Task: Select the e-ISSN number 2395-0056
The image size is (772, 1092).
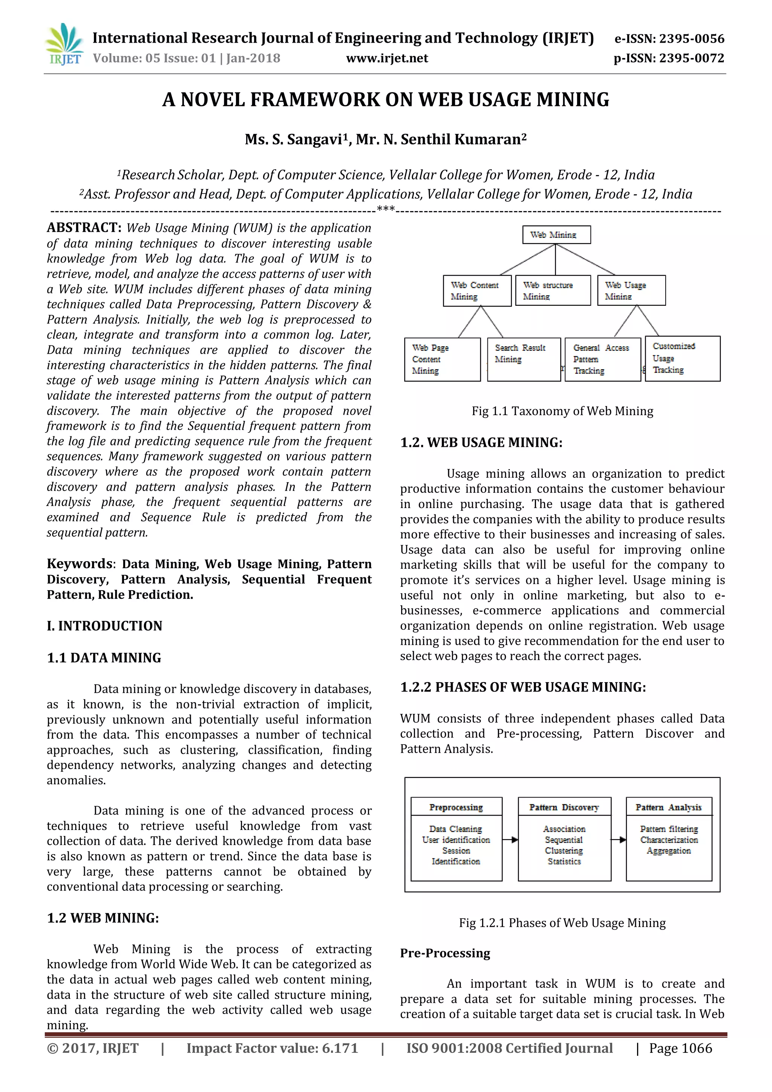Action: tap(692, 38)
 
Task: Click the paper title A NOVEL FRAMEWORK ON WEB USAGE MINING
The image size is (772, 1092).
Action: tap(386, 100)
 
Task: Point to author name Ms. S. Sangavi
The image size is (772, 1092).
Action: tap(293, 140)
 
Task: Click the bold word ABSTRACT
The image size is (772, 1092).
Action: tap(84, 228)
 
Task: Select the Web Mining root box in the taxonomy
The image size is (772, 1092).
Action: tap(556, 235)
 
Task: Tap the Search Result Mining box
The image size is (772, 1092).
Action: tap(523, 359)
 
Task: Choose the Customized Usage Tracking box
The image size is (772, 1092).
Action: tap(682, 359)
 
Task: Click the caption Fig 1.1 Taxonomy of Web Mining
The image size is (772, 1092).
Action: tap(562, 411)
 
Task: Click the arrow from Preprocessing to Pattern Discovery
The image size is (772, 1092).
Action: tap(510, 839)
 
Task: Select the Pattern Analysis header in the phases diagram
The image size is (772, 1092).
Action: tap(668, 807)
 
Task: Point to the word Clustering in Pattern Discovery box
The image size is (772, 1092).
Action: tap(564, 850)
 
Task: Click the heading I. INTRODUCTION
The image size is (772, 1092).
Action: tap(104, 626)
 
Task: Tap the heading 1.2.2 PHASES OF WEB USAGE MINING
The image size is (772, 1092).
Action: tap(523, 687)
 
